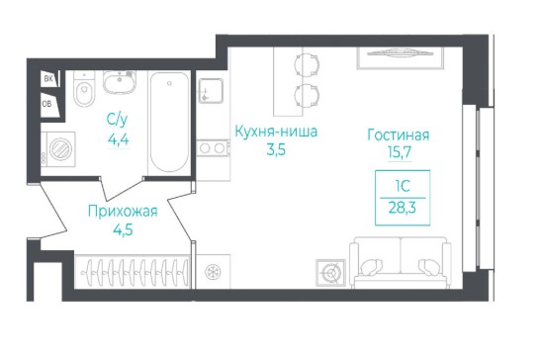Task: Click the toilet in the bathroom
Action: coord(84,89)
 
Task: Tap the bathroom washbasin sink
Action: coord(120,82)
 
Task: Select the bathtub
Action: coord(169,122)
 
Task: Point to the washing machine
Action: coord(57,149)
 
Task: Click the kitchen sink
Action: coord(211,91)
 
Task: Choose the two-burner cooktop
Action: coord(213,148)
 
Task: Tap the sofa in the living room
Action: coord(401,262)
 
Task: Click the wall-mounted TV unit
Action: coord(400,57)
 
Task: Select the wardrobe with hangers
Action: coord(133,271)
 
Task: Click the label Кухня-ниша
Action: coord(276,132)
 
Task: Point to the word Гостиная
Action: coord(399,135)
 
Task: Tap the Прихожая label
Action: coord(123,212)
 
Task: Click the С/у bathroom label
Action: coord(117,120)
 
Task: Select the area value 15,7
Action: coord(400,151)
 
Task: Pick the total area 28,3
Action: coord(403,208)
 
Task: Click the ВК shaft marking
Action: coord(48,79)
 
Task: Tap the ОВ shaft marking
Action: coord(46,103)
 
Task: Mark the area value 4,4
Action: coord(118,139)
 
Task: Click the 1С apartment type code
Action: coord(403,186)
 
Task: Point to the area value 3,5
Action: coord(276,150)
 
